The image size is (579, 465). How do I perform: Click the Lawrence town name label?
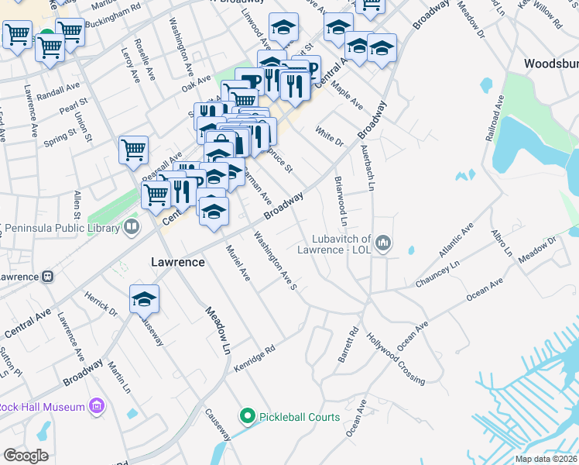(177, 262)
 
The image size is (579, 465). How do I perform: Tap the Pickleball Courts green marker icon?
(248, 417)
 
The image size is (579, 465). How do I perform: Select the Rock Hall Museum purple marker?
(97, 406)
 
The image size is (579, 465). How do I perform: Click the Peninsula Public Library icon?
(132, 226)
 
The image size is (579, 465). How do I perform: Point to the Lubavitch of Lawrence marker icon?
(383, 246)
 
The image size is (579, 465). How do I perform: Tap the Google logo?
(26, 456)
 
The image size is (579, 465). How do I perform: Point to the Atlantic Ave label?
(456, 241)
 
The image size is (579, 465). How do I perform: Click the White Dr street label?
(329, 136)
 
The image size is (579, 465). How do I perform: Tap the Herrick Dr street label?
(101, 305)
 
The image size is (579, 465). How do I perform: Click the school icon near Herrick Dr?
(145, 298)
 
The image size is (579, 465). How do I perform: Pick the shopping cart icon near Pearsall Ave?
(133, 151)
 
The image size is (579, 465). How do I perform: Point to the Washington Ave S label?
(276, 262)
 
